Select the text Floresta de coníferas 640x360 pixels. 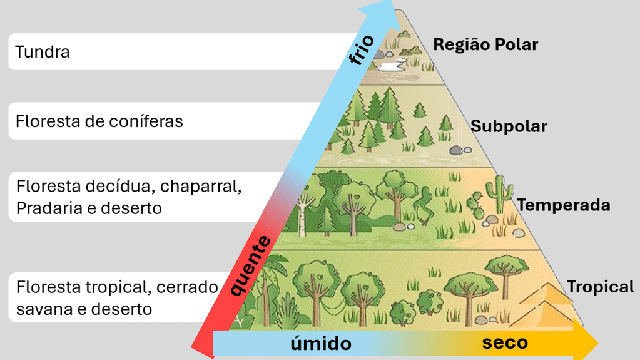[99, 121]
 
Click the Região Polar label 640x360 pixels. [485, 44]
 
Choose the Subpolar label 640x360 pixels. [509, 126]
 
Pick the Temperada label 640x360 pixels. [563, 205]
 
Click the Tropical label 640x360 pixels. [600, 287]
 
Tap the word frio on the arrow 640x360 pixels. [362, 51]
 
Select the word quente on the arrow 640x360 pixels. [250, 266]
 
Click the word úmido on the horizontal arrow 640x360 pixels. [321, 343]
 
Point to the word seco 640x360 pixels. [505, 342]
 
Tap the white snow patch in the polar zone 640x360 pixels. [391, 65]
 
